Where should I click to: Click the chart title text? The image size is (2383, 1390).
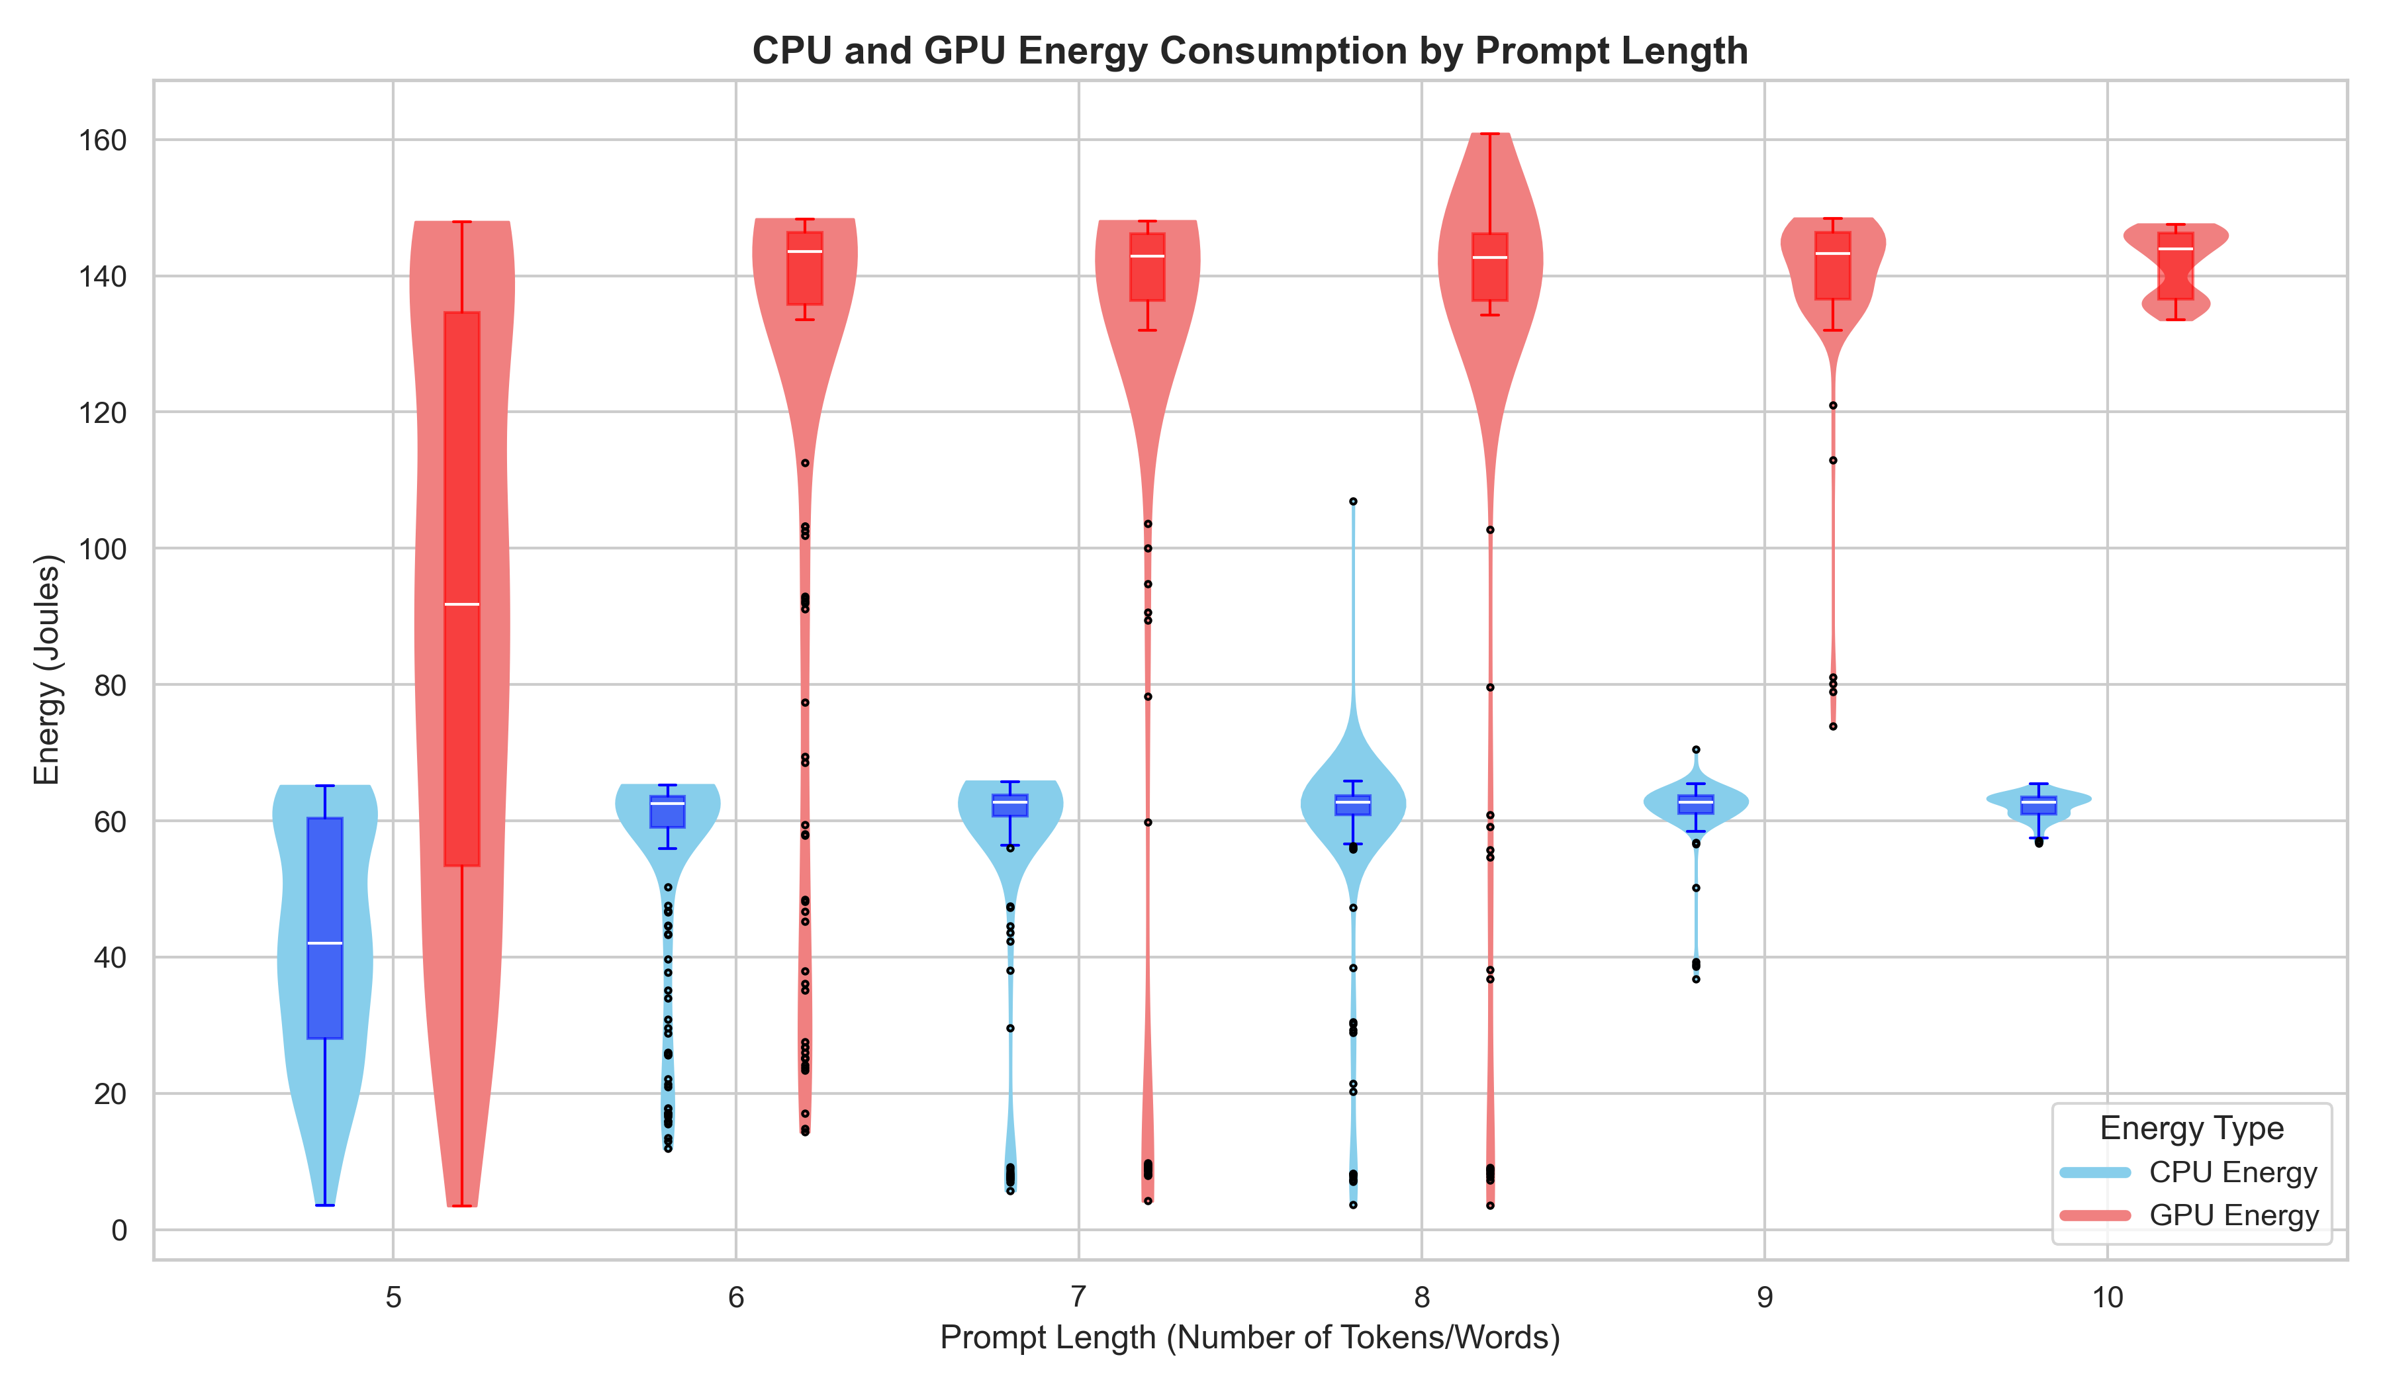point(1249,51)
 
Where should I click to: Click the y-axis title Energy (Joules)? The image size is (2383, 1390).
point(47,669)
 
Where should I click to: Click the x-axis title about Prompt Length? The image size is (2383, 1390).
point(1249,1337)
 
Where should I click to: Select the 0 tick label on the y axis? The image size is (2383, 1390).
point(119,1230)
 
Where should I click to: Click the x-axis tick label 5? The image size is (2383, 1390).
point(393,1297)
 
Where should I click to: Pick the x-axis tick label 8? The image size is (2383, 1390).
point(1421,1297)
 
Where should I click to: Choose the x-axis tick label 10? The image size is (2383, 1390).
point(2107,1297)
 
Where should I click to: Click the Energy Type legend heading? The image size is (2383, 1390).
point(2191,1128)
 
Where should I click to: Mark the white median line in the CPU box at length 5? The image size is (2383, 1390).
point(324,944)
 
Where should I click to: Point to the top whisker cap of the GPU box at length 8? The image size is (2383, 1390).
point(1489,134)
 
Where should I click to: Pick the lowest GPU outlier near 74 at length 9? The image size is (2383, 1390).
point(1833,726)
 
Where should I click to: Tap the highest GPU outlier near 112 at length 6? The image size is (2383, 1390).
point(805,463)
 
